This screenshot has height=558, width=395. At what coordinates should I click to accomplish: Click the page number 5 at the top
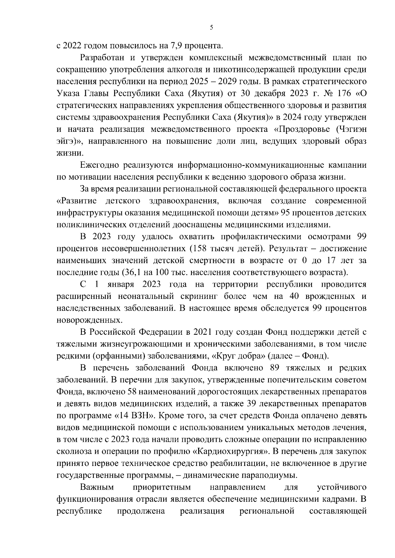(x=211, y=28)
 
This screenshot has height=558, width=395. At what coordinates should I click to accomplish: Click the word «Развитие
(x=77, y=201)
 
